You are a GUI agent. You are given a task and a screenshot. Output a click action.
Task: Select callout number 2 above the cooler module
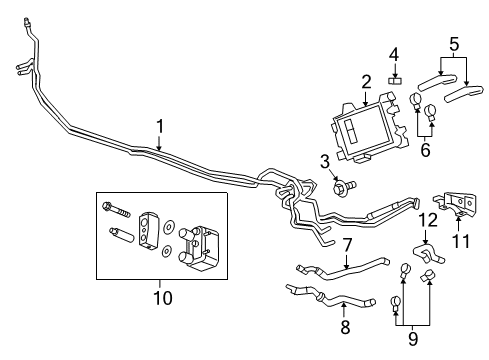[x=366, y=81]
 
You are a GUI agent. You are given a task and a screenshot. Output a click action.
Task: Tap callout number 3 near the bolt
[x=325, y=162]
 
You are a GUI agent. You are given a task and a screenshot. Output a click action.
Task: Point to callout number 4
[x=394, y=53]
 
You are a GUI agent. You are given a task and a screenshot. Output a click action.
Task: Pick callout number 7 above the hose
[x=346, y=246]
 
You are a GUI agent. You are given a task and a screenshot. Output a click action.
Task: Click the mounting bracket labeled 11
[x=456, y=208]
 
